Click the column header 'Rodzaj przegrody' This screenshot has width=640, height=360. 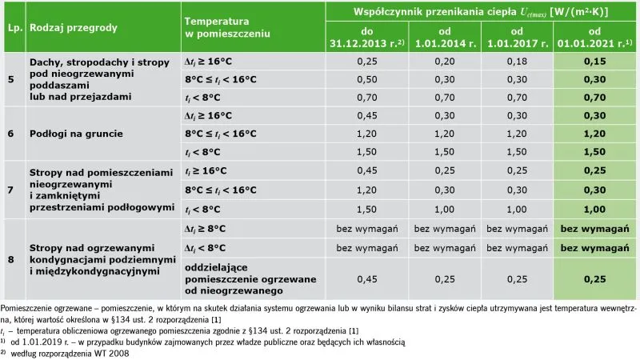point(73,27)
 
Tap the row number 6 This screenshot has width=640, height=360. point(11,134)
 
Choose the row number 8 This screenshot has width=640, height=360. point(11,259)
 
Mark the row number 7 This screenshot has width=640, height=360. point(11,190)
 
